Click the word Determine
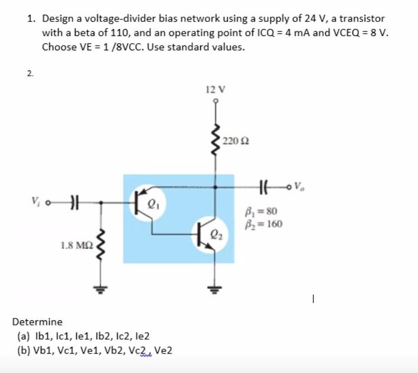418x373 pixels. tap(37, 322)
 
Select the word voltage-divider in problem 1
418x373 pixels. tap(111, 19)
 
